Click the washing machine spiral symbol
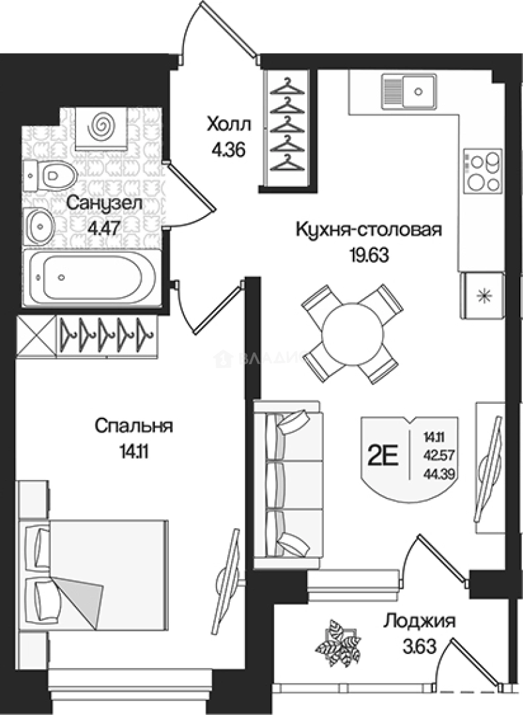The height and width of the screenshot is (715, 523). [x=101, y=124]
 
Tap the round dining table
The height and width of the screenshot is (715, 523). [x=351, y=334]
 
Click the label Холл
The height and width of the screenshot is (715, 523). [x=228, y=124]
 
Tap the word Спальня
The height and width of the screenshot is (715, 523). [x=134, y=426]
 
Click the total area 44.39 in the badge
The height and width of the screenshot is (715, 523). [x=435, y=473]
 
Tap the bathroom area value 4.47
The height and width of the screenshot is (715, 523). [x=103, y=229]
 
